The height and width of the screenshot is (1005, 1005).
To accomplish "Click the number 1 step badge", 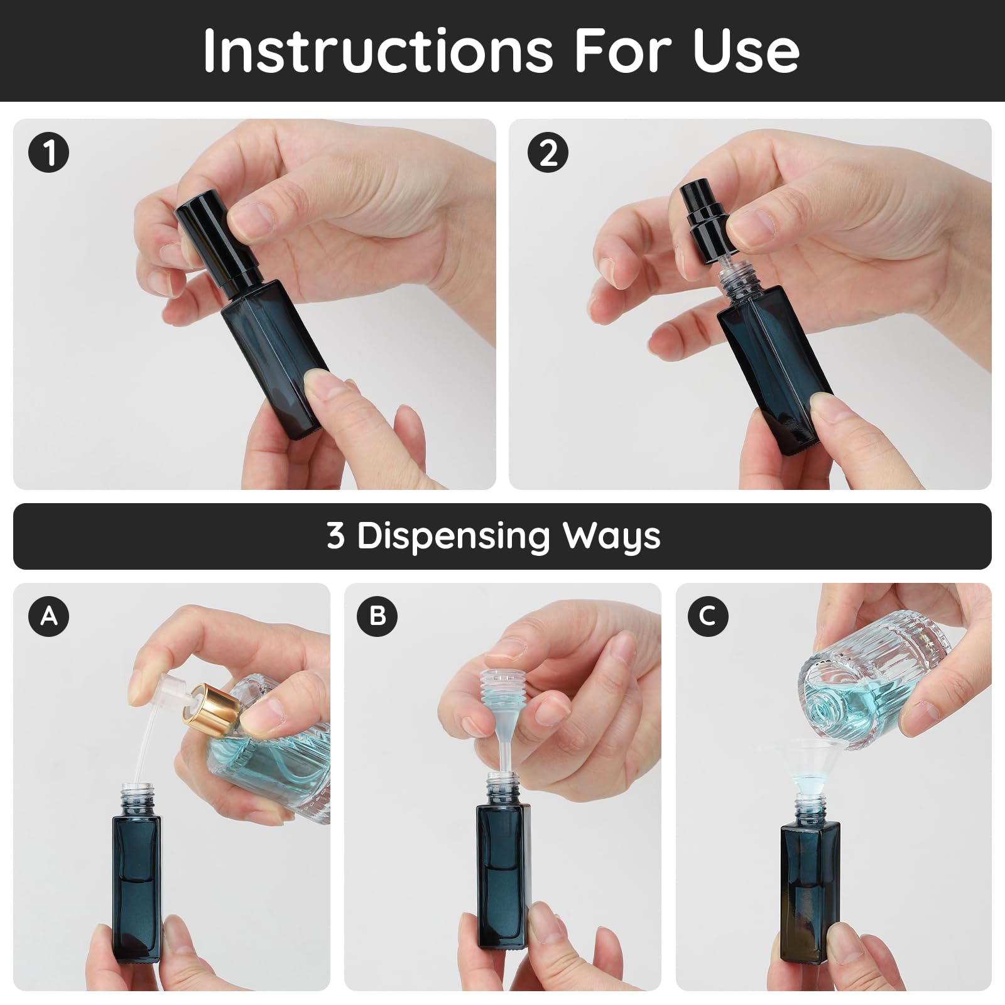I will click(48, 153).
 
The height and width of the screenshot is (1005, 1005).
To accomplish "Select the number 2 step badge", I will click(548, 153).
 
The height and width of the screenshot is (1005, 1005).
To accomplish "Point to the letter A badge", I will click(48, 616).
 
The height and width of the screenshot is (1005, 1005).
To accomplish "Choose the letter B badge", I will click(377, 616).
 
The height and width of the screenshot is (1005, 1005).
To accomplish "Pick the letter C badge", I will click(708, 616).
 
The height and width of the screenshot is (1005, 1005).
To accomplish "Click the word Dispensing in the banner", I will click(454, 536).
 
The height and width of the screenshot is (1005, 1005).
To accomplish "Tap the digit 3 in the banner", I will click(335, 536).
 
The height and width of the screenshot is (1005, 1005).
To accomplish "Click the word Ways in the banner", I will click(611, 536).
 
